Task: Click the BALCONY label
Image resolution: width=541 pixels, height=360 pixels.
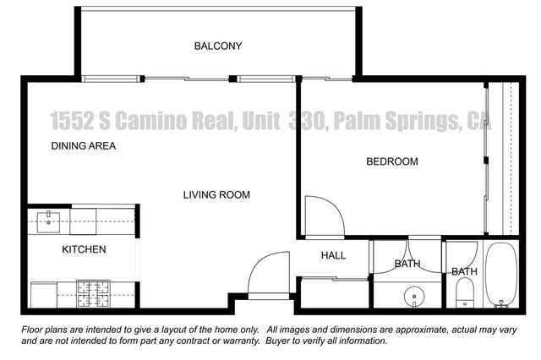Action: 218,46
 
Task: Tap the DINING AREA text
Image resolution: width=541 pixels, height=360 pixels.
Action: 84,145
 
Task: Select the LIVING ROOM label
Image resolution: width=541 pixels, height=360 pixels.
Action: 216,195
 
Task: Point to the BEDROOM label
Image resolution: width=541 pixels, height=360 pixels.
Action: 391,161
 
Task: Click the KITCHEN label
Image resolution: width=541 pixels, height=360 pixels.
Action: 84,249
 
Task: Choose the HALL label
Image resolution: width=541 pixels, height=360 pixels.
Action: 332,255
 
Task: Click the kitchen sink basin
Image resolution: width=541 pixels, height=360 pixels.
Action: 49,222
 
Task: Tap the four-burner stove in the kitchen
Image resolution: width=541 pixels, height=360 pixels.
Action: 95,293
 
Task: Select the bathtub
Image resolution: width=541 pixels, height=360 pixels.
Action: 500,276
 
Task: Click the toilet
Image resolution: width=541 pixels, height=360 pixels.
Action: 464,292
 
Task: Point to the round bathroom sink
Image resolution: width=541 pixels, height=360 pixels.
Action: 413,296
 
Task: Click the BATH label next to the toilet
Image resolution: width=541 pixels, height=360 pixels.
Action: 464,271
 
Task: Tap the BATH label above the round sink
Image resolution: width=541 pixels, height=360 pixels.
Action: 407,265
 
